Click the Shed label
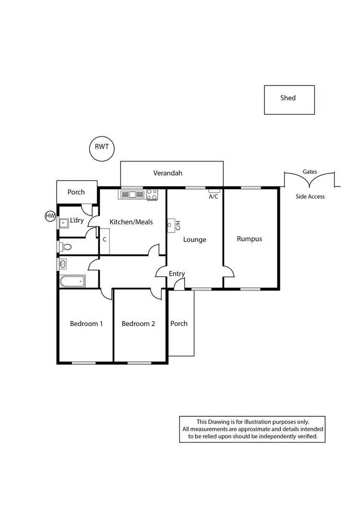(x=288, y=98)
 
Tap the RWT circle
(x=102, y=148)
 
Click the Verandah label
(x=168, y=173)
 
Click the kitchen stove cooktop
(x=152, y=194)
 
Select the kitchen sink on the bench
(x=132, y=194)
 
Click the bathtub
(x=72, y=281)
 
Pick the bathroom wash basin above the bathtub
(x=63, y=264)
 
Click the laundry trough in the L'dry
(x=63, y=222)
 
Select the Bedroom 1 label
(x=86, y=324)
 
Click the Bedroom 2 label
(x=138, y=324)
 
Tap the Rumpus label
(x=250, y=239)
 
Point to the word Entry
(x=177, y=274)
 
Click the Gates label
(x=310, y=171)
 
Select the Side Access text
(x=310, y=196)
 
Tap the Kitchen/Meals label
(x=131, y=222)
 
